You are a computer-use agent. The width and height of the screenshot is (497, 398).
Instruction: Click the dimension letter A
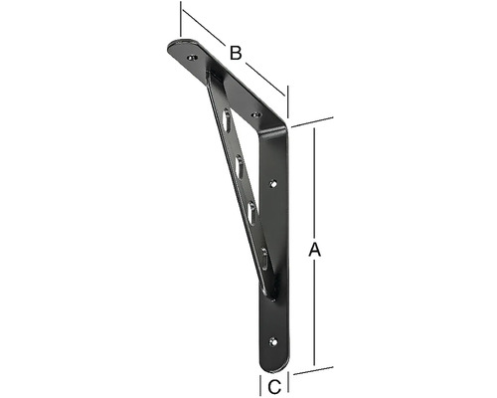coord(315,251)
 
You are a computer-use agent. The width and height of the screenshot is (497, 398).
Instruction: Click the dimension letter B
coord(236,53)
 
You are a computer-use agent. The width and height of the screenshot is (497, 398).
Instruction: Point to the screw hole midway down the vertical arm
coord(274,183)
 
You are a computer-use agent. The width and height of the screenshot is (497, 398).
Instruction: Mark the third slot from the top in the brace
coord(251,210)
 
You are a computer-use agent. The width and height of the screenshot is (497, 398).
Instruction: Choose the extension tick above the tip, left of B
coord(181,18)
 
